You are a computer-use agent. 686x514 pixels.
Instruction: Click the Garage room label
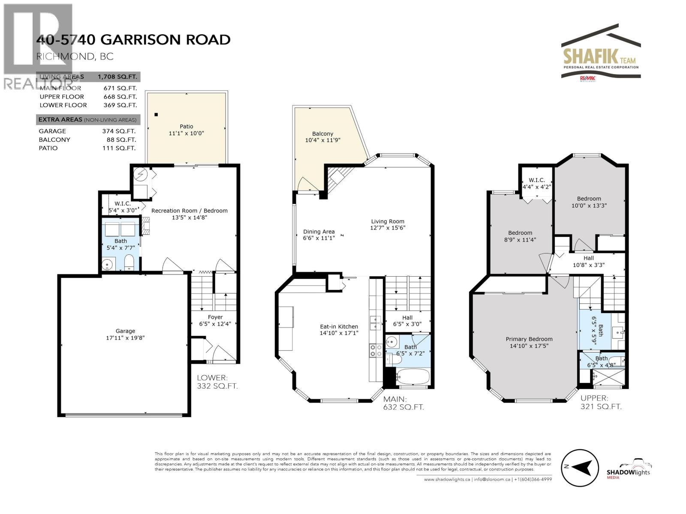(125, 331)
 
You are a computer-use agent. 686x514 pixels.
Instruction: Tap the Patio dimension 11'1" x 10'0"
(186, 133)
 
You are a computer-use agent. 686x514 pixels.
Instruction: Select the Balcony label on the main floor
(322, 134)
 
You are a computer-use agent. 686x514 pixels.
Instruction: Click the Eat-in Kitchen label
(339, 326)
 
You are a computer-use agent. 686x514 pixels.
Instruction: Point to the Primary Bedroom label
(529, 339)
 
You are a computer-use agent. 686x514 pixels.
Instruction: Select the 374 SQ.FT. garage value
(119, 131)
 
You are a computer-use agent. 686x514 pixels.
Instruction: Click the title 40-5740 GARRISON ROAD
(133, 39)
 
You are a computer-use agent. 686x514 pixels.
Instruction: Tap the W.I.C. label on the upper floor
(536, 180)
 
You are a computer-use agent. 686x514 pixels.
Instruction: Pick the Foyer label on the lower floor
(215, 317)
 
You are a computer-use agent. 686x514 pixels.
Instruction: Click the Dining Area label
(319, 232)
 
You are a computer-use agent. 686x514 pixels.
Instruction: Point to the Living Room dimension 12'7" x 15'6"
(388, 228)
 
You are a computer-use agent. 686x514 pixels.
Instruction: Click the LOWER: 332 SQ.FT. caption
(217, 382)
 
